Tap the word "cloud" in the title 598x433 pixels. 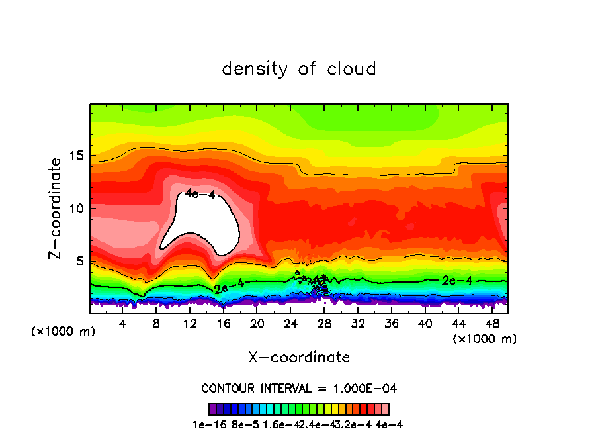[x=351, y=68]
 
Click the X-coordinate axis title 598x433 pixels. [x=299, y=358]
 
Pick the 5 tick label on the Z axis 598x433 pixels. [x=78, y=261]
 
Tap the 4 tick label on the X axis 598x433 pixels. [x=122, y=324]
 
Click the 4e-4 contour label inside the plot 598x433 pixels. [x=200, y=193]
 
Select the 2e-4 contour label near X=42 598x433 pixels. [x=456, y=281]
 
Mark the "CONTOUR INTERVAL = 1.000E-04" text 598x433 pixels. [x=299, y=388]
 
